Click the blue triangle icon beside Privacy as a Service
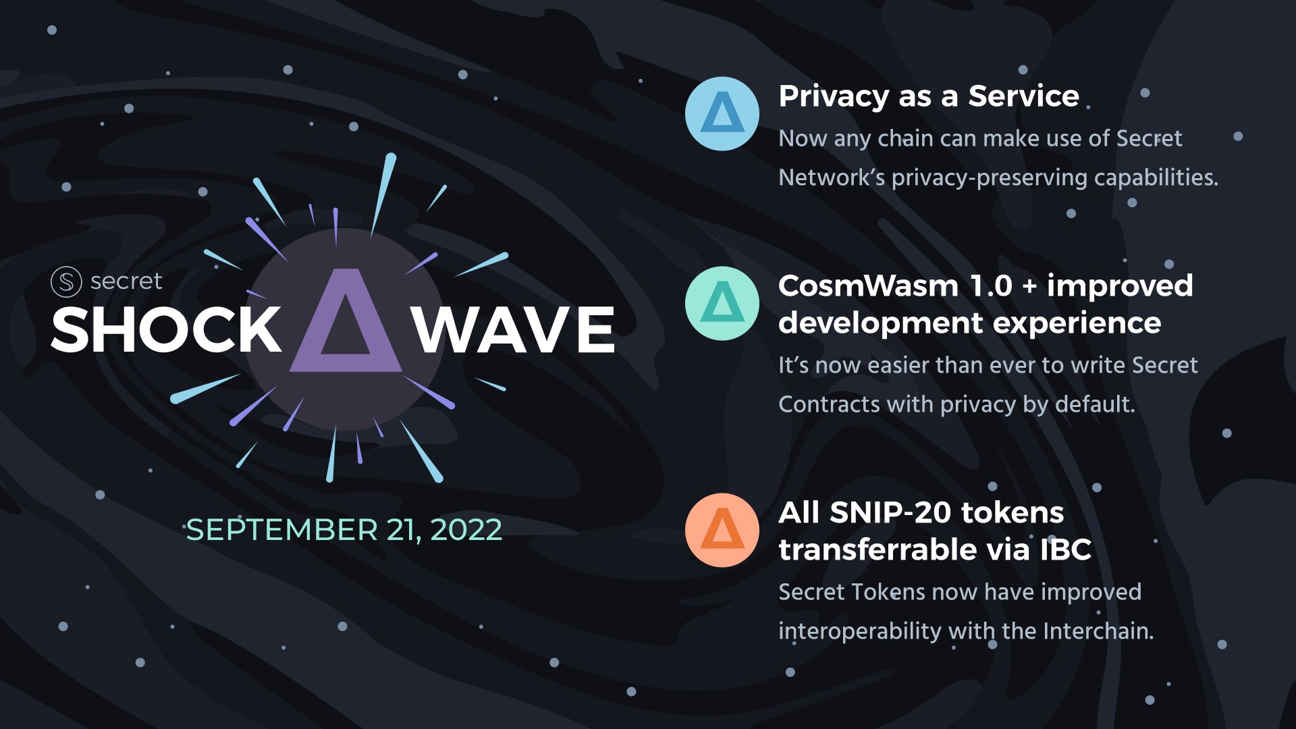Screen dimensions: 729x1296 pos(722,113)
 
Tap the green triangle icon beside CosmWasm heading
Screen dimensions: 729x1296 pos(722,303)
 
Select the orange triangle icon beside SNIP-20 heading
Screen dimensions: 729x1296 pos(722,530)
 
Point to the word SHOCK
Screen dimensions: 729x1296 pos(166,330)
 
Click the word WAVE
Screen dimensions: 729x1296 pos(514,330)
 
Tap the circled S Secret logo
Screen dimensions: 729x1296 pos(66,281)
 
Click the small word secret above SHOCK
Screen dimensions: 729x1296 pos(126,281)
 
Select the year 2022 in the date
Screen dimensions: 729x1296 pos(466,530)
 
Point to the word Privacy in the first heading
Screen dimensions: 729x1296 pos(834,97)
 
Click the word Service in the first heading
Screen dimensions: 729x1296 pos(1023,97)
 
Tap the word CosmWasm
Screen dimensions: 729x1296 pos(868,286)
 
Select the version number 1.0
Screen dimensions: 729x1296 pos(991,286)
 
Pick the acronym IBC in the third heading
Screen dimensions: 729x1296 pos(1065,550)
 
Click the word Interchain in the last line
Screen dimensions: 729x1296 pos(1098,631)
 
